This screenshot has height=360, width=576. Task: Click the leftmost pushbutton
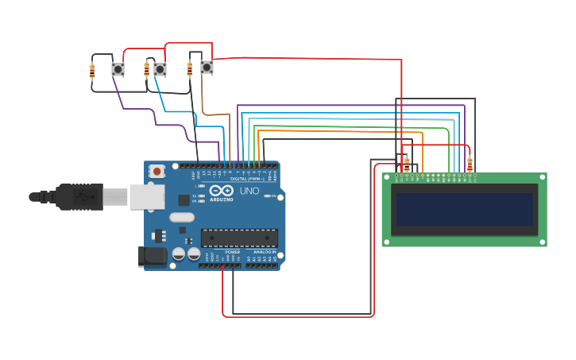pos(118,69)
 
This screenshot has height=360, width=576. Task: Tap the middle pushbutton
pos(160,69)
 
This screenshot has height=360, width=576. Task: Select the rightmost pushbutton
pos(207,68)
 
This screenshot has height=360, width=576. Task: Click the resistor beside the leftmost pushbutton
pos(92,72)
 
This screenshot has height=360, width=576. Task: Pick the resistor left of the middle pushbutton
pos(146,70)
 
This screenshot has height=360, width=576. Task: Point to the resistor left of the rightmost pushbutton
pos(189,69)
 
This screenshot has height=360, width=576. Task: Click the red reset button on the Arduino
pos(157,171)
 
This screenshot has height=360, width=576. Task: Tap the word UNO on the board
pos(249,192)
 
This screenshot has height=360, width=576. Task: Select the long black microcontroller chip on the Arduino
pos(239,237)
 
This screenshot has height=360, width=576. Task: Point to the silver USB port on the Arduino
pos(146,196)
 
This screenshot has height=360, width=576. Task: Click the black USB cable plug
pos(79,196)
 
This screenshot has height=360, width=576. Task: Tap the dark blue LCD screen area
pos(464,209)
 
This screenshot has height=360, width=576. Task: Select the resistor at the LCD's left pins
pos(407,165)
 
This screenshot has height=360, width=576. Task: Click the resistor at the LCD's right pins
pos(470,165)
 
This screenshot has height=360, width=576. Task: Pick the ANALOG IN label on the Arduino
pos(265,251)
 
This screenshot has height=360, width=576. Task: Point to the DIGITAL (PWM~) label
pos(247,179)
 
